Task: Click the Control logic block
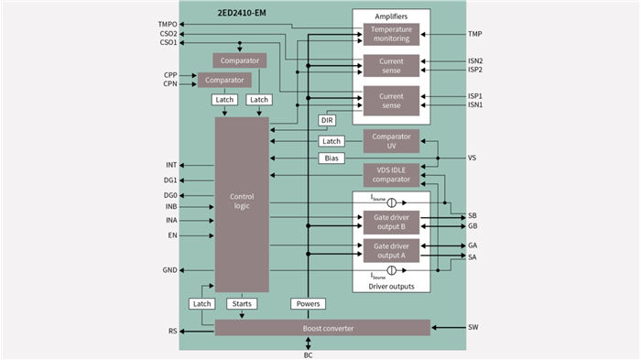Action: (242, 203)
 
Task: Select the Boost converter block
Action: (310, 328)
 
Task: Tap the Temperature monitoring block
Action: (391, 34)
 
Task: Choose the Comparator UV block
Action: (391, 140)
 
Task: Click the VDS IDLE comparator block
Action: (391, 175)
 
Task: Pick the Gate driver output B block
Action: (391, 221)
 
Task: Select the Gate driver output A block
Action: (391, 250)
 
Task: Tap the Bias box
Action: (331, 158)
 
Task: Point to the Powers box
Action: (309, 303)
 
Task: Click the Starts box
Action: (243, 303)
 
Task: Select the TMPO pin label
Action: (168, 24)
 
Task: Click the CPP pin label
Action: (170, 74)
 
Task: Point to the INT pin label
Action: (171, 165)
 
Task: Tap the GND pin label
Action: (170, 270)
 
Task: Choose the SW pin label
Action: (473, 327)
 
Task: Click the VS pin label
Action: (472, 158)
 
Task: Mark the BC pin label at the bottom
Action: (308, 355)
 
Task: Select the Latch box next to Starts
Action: (202, 303)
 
